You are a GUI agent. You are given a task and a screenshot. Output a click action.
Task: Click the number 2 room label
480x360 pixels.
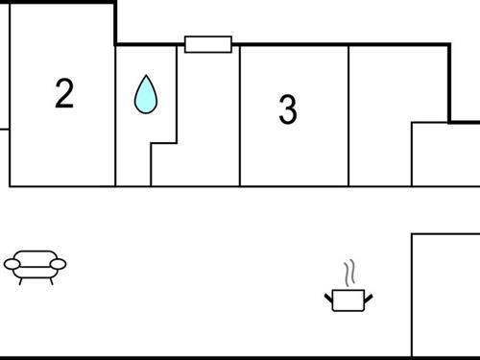(63, 94)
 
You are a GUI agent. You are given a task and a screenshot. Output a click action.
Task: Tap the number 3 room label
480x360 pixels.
(287, 110)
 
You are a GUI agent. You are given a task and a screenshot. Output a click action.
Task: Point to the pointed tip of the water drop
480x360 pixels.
(145, 78)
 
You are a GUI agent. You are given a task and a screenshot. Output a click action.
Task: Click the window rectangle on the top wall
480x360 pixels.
(208, 44)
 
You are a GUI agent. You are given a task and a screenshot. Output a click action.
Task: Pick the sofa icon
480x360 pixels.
(36, 266)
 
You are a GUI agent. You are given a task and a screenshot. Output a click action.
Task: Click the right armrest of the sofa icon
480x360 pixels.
(60, 263)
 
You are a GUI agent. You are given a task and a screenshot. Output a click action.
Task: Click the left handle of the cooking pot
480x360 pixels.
(328, 294)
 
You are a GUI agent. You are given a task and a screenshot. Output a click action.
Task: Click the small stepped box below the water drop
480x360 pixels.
(164, 164)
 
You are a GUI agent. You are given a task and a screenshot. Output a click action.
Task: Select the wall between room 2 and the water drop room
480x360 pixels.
(115, 115)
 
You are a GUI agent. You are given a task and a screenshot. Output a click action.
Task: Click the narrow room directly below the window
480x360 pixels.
(208, 115)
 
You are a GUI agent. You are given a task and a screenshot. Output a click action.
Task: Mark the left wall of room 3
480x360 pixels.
(240, 115)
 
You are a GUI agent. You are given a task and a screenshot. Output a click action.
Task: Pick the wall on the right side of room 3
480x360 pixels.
(348, 115)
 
